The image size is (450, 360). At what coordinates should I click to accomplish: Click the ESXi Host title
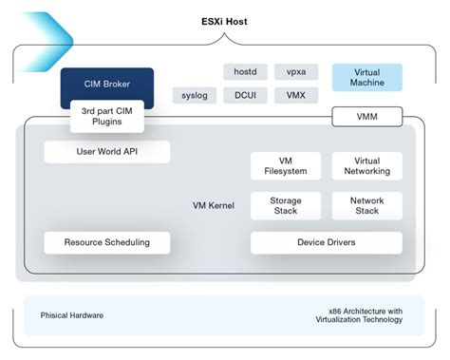[225, 21]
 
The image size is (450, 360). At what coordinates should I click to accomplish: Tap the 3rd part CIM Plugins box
[107, 116]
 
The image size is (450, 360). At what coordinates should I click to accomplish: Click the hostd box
[245, 72]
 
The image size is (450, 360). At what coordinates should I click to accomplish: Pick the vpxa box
[296, 72]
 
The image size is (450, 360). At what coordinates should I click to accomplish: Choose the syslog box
[194, 95]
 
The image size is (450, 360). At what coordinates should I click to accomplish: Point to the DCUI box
[245, 95]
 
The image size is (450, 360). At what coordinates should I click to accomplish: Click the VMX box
[296, 95]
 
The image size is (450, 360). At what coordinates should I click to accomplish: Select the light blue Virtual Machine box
[366, 77]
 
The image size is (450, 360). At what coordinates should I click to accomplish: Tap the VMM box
[366, 118]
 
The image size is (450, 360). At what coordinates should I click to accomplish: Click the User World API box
[107, 152]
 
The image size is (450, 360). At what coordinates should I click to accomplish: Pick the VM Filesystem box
[285, 166]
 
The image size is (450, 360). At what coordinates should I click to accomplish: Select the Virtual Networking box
[366, 166]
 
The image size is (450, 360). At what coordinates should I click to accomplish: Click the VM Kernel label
[213, 205]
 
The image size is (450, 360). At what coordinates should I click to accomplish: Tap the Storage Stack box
[285, 206]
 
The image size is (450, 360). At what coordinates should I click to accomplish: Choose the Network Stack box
[366, 206]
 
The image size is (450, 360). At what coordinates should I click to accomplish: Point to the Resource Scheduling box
[107, 242]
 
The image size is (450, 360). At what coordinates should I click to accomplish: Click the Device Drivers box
[326, 242]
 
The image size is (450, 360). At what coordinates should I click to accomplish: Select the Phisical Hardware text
[72, 314]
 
